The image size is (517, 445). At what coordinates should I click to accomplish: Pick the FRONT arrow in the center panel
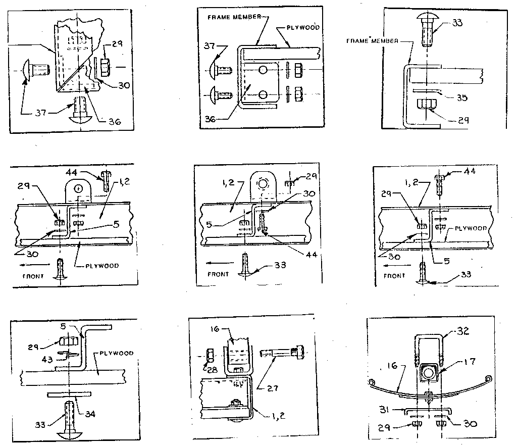point(218,263)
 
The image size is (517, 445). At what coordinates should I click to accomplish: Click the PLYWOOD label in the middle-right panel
point(471,228)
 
